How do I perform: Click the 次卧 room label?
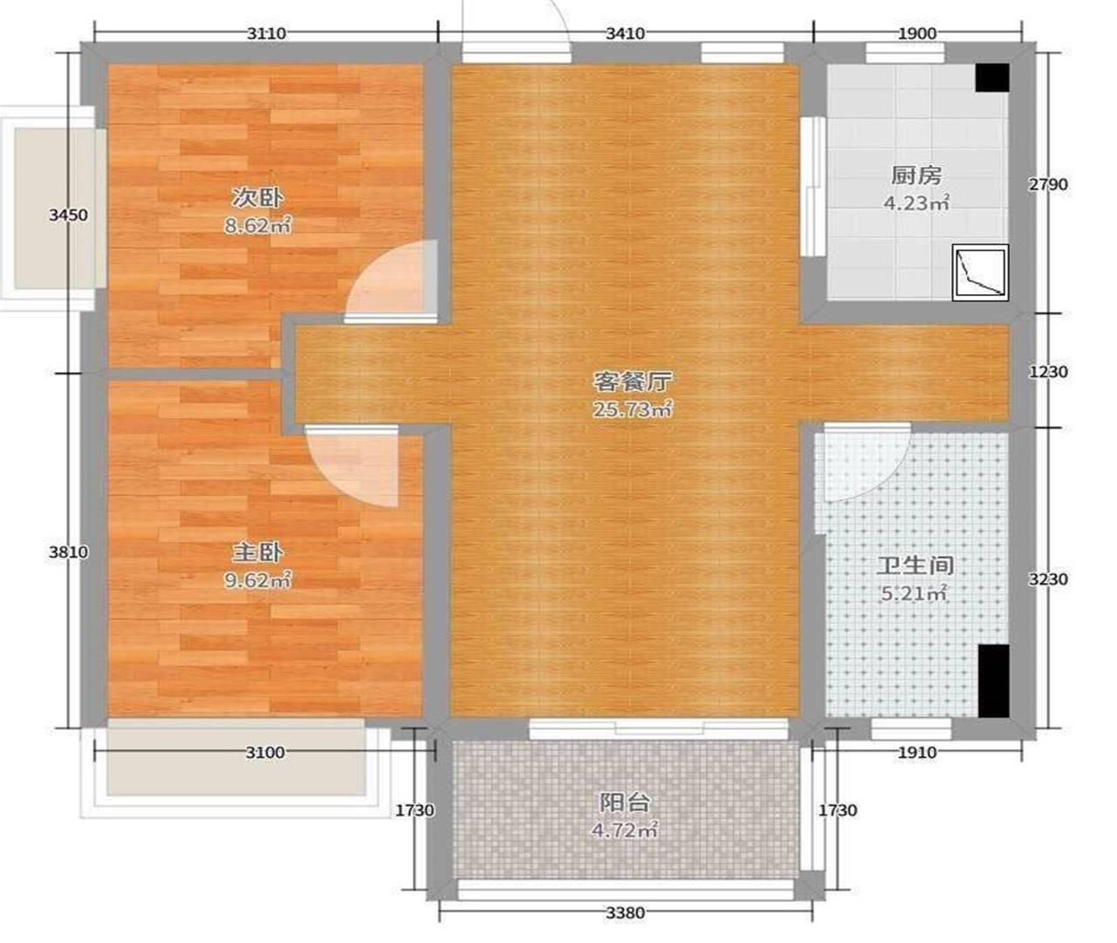point(257,198)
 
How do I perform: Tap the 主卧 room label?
point(257,553)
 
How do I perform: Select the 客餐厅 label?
point(632,382)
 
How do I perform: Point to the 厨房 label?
point(916,176)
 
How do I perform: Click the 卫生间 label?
point(915,565)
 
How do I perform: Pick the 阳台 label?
point(624,802)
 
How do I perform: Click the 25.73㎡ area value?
point(632,410)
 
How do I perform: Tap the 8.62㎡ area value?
point(257,226)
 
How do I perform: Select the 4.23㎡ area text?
point(916,203)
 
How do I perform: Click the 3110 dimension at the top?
point(266,33)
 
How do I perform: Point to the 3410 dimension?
point(625,33)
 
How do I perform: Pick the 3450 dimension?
point(68,215)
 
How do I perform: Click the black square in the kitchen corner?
point(992,78)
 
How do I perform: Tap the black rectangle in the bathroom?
point(994,681)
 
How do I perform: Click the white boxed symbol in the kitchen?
point(980,272)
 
